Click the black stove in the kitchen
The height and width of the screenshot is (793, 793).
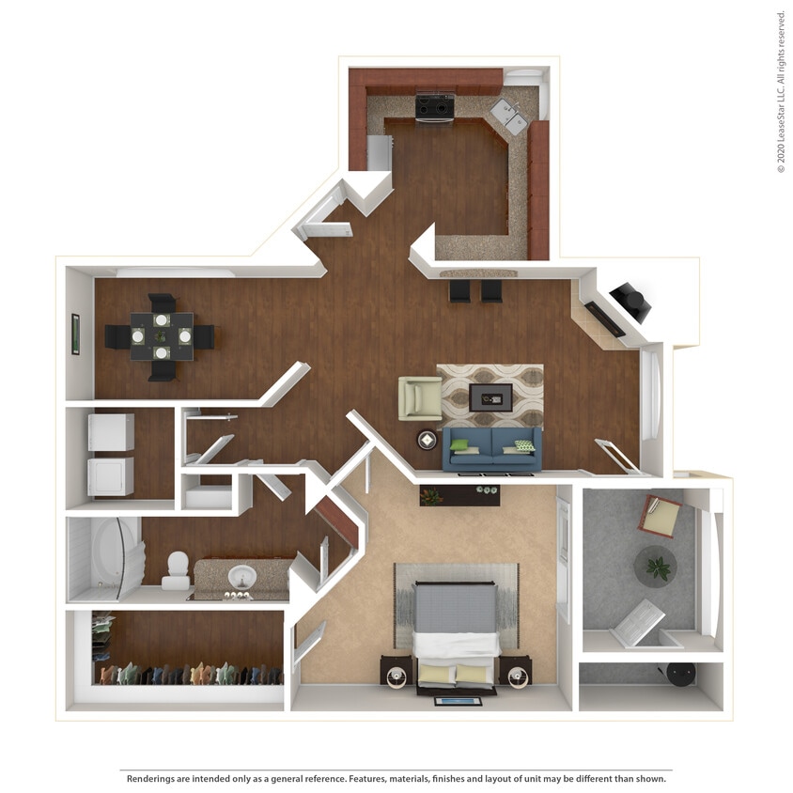tap(435, 106)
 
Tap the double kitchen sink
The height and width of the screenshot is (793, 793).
tap(508, 116)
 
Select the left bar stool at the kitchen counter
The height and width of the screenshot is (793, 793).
tap(459, 290)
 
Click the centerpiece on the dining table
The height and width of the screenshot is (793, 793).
tap(161, 335)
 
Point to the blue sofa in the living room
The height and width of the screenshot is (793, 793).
tap(491, 447)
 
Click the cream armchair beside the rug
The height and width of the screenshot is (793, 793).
tap(420, 397)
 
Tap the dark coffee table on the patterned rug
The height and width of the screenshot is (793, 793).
tap(490, 396)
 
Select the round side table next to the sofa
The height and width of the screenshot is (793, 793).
tap(428, 440)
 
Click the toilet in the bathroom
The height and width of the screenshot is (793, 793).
tap(176, 569)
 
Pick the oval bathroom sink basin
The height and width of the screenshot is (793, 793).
tap(242, 574)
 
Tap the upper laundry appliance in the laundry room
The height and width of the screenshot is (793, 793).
tap(111, 432)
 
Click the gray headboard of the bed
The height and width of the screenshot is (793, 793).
tap(456, 608)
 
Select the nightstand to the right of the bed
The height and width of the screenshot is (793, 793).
tap(515, 672)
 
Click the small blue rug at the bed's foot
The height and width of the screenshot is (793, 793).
tap(458, 700)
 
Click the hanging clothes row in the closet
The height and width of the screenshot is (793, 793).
tap(188, 674)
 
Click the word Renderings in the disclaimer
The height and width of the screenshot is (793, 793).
tap(154, 779)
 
